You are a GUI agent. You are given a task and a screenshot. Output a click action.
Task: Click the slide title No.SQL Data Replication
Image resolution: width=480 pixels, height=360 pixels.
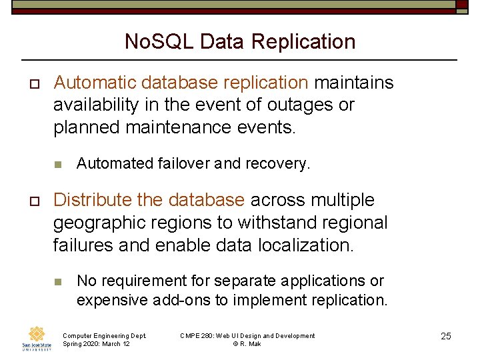[x=240, y=41]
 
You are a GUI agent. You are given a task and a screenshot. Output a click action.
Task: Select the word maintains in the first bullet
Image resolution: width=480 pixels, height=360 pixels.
[x=354, y=83]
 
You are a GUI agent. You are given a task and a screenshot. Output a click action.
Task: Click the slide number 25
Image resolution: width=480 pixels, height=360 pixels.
[x=446, y=336]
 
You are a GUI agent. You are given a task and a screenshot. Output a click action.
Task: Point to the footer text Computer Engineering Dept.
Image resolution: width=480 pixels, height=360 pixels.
[x=104, y=335]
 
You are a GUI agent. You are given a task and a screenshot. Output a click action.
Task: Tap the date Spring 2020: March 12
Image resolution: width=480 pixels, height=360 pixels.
[x=96, y=343]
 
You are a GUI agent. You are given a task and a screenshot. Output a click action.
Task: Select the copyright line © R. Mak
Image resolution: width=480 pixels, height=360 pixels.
[x=247, y=343]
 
